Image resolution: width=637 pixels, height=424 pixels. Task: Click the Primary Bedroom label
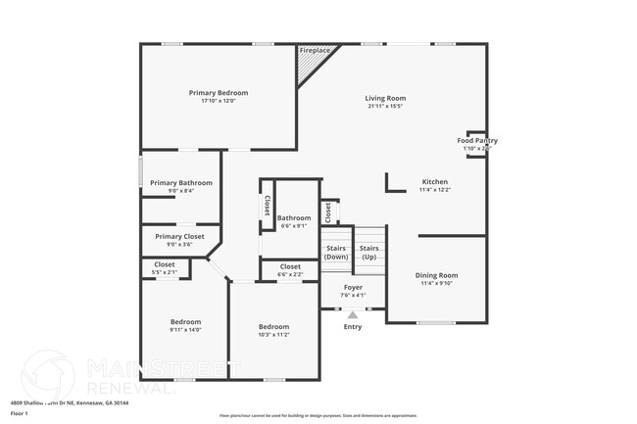[x=219, y=93]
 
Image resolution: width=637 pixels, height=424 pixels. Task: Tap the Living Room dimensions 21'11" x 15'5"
[x=385, y=106]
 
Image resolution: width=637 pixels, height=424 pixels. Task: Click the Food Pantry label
[x=477, y=140]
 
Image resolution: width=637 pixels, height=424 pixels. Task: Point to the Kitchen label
[x=434, y=182]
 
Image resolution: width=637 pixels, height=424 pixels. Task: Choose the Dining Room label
[x=436, y=275]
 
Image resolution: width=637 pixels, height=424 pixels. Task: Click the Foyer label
[x=353, y=287]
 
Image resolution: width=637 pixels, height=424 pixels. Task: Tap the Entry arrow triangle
[x=353, y=314]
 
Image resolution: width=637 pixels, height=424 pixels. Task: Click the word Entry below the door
[x=353, y=326]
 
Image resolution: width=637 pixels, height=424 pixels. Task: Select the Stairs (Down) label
[x=336, y=253]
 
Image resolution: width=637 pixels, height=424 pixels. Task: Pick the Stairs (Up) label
[x=369, y=253]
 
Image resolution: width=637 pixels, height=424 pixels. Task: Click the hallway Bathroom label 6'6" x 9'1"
[x=294, y=218]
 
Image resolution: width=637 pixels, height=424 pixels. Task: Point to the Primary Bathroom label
[x=181, y=183]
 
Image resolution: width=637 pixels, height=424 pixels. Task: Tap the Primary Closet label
[x=180, y=236]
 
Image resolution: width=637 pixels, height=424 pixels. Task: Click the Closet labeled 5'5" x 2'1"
[x=165, y=264]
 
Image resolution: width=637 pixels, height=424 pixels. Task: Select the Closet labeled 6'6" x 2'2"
[x=290, y=266]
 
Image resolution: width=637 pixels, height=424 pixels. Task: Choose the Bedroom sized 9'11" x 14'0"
[x=185, y=322]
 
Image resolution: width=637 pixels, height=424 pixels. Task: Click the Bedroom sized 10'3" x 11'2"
[x=273, y=326]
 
